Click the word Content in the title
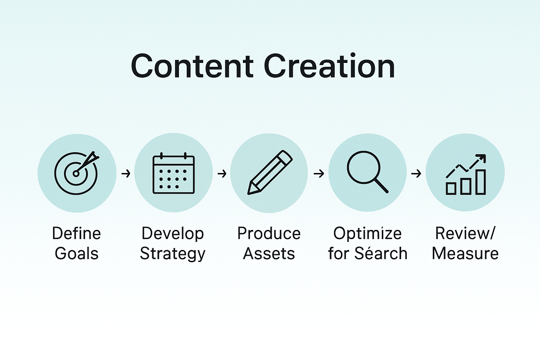coord(192,66)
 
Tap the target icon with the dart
coord(77,173)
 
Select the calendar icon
coord(173,174)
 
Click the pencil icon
coord(269,173)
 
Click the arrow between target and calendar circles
coord(126,173)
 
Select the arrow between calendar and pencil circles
coord(222,173)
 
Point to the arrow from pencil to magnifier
coord(319,173)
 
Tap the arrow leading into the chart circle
coord(416,173)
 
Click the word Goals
coord(77,253)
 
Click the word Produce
coord(269,233)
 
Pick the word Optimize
coord(367,234)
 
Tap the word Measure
coord(465,253)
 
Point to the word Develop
coord(173,234)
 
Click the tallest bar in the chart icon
coord(481,182)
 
